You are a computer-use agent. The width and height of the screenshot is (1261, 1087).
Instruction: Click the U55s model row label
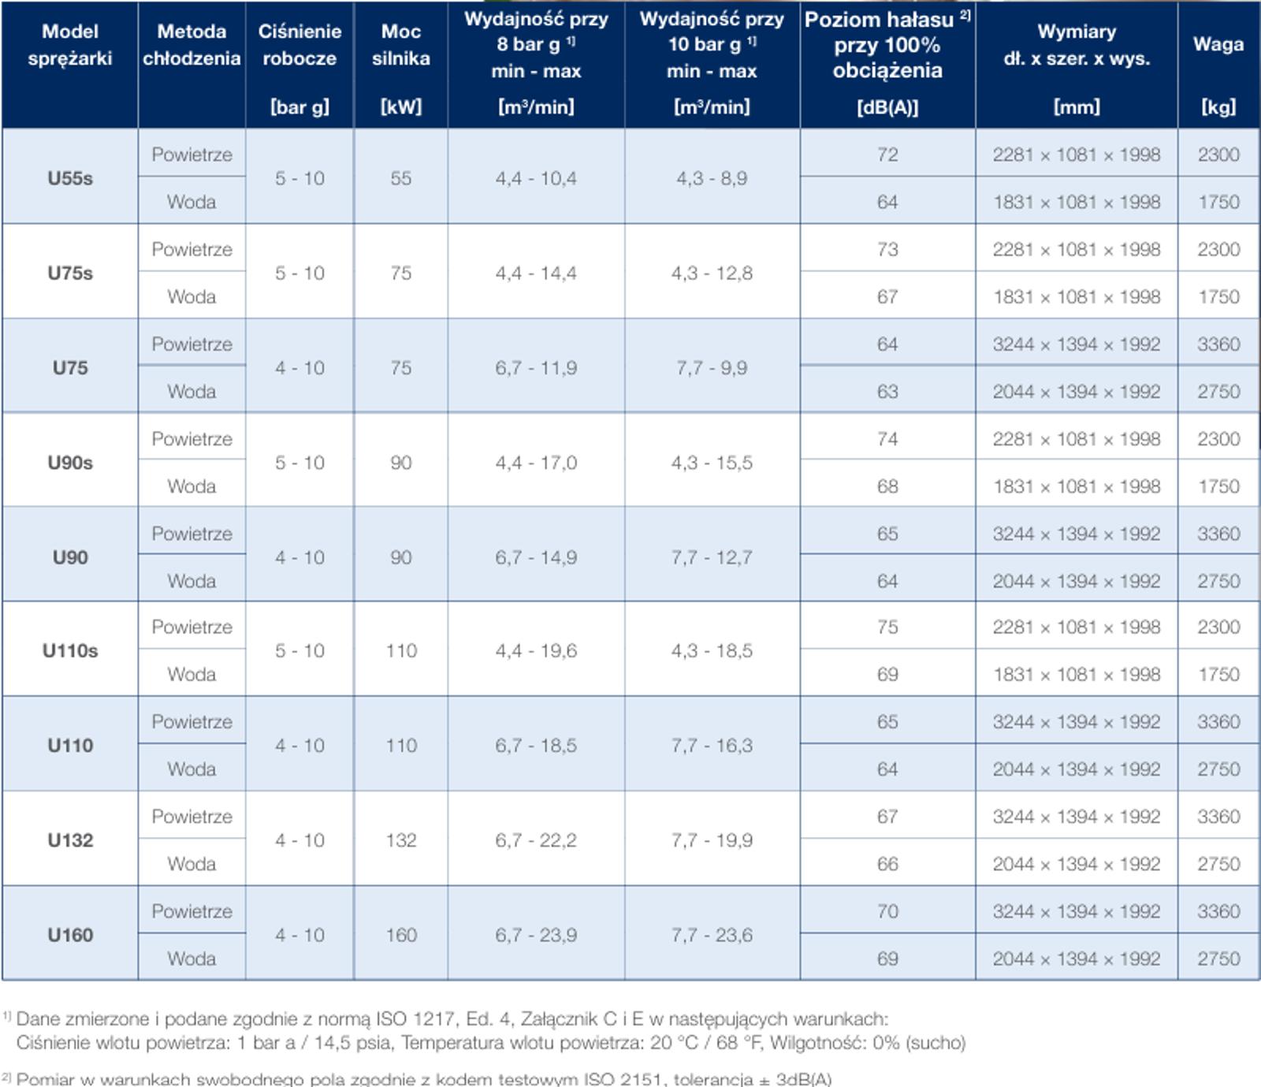click(x=70, y=178)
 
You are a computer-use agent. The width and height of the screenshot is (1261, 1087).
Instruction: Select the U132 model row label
click(x=70, y=840)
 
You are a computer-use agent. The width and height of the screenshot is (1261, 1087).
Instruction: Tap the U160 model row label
click(x=70, y=935)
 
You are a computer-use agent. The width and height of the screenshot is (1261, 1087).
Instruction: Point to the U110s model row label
click(x=70, y=651)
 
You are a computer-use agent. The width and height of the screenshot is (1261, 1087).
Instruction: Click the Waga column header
click(x=1218, y=44)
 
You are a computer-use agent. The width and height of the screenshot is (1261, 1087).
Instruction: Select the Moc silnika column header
click(x=401, y=45)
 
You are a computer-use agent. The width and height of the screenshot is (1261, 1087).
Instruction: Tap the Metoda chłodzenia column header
click(x=192, y=45)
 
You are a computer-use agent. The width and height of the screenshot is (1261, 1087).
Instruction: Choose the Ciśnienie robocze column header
click(x=299, y=45)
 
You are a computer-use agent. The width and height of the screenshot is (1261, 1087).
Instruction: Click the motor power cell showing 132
click(x=401, y=840)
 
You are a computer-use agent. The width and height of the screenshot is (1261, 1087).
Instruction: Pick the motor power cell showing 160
click(x=401, y=935)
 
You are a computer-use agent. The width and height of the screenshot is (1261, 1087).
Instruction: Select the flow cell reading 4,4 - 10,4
click(x=536, y=178)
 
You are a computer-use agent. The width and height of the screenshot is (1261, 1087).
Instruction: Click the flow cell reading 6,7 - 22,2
click(x=536, y=840)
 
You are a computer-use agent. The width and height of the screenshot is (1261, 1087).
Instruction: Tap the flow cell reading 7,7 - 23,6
click(x=712, y=935)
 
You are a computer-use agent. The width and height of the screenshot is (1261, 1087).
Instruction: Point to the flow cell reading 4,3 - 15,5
click(x=712, y=463)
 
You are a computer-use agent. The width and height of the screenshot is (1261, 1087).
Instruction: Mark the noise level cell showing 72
click(x=887, y=154)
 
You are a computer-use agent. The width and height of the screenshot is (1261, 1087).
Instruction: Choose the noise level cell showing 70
click(x=887, y=911)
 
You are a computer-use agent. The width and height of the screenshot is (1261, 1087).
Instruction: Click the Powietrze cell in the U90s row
click(x=192, y=439)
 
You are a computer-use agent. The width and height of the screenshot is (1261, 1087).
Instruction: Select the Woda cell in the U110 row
click(x=192, y=769)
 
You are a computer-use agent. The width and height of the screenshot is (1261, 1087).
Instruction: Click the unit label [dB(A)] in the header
click(x=887, y=107)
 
